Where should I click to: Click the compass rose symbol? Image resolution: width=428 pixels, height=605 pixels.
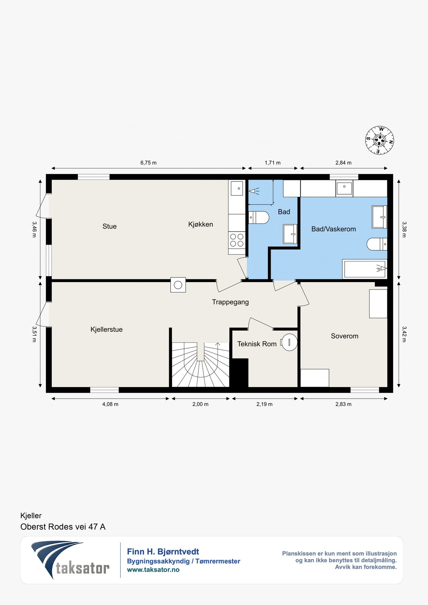point(380,140)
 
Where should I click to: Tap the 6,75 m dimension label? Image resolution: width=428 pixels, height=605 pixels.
point(148,163)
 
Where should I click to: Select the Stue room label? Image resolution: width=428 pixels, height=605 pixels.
point(110,227)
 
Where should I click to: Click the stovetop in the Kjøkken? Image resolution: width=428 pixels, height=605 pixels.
point(237,240)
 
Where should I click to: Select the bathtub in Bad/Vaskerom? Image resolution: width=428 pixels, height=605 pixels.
point(365,269)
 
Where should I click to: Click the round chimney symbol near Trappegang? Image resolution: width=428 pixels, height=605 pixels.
point(178,285)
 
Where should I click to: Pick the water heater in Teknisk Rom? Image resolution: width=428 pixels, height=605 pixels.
point(289,342)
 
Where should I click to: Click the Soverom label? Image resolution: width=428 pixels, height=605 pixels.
point(345,336)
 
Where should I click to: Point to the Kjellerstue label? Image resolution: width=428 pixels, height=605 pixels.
point(106,329)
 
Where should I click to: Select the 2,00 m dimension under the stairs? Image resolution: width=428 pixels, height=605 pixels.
point(200,404)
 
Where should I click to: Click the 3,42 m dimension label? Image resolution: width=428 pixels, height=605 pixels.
point(404,334)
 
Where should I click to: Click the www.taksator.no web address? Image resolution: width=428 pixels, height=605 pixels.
point(153,570)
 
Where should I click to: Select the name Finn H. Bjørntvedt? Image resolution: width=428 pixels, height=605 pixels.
point(163,552)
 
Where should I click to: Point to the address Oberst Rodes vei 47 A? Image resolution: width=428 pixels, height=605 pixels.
point(63,527)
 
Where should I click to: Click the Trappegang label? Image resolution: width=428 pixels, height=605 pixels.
point(230,302)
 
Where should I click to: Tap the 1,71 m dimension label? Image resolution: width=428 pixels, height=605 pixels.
point(273,163)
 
